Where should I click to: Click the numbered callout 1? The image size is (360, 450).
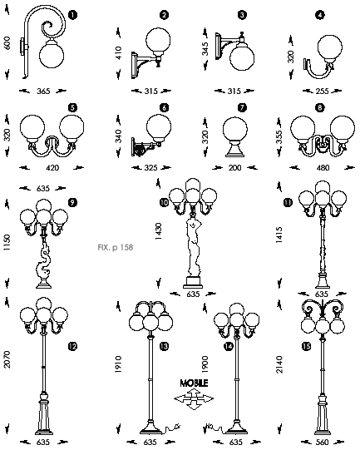(73, 15)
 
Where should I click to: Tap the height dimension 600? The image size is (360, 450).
(7, 42)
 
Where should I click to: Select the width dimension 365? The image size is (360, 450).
(43, 91)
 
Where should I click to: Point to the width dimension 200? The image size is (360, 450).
(234, 167)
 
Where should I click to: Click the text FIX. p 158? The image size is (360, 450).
(116, 247)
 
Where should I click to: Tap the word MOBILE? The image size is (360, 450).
(194, 383)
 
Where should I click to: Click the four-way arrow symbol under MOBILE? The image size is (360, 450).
(194, 399)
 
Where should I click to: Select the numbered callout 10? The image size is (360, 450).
(164, 203)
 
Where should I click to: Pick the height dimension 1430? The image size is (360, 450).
(158, 231)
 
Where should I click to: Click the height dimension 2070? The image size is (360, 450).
(7, 359)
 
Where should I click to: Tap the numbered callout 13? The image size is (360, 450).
(164, 347)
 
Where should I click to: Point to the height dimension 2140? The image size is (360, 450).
(279, 364)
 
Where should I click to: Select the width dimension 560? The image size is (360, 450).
(322, 443)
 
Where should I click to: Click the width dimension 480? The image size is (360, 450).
(323, 167)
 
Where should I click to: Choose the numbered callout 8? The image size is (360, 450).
(319, 107)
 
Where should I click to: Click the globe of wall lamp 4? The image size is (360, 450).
(330, 47)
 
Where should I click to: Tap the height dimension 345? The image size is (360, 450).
(205, 49)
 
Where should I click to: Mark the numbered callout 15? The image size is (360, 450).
(306, 347)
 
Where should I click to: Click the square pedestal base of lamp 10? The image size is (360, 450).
(193, 283)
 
